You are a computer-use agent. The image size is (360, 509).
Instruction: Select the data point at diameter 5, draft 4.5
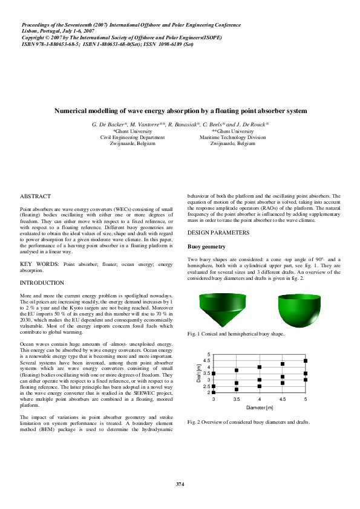coord(306,360)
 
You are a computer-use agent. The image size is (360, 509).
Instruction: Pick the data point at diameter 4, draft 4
coord(260,367)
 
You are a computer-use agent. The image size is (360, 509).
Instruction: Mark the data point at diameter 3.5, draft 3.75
coord(237,370)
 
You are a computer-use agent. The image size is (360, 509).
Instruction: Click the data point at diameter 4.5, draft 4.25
coord(283,364)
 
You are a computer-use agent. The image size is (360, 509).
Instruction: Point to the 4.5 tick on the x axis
coord(283,400)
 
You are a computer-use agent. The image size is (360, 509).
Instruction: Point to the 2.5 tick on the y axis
coord(209,386)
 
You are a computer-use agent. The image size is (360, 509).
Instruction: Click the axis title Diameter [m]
coord(260,407)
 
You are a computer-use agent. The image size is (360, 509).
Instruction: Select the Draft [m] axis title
coord(199,373)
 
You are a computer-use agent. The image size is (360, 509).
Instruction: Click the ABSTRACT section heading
coord(36,197)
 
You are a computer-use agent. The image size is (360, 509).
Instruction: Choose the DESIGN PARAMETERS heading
coord(218,233)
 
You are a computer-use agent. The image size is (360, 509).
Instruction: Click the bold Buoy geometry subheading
coord(206,247)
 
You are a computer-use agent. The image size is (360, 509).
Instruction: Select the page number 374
coord(180,484)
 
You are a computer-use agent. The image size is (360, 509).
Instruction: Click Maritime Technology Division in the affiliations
coord(233,137)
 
